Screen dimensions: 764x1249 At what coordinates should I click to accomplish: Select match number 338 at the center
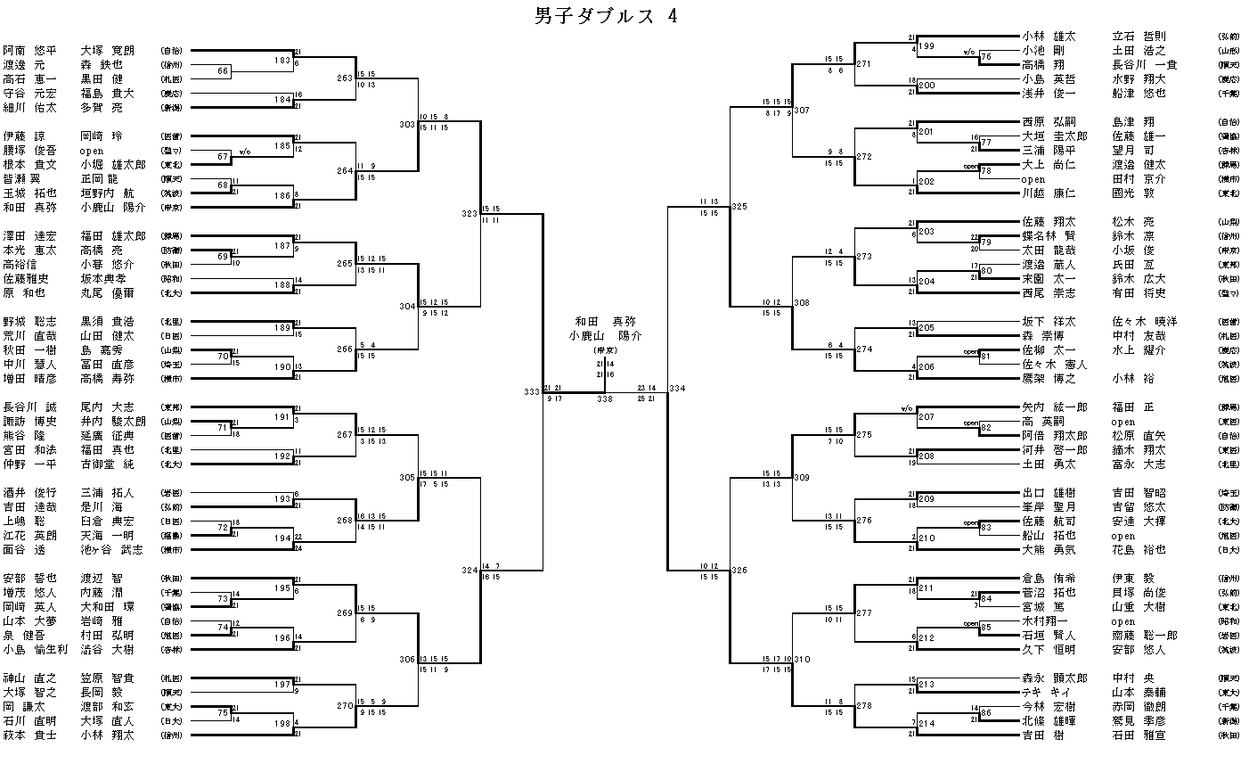605,400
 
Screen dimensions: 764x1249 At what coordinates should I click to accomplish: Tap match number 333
532,390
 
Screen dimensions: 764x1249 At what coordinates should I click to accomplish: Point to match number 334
677,389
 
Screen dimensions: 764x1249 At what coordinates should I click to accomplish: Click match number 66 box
224,71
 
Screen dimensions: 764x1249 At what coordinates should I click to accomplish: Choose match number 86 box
986,714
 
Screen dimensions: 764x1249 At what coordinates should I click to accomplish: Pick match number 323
469,214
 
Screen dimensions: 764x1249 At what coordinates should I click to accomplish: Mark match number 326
739,570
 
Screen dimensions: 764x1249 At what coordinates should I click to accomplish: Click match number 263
345,78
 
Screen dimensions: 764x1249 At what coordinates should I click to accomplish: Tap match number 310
802,660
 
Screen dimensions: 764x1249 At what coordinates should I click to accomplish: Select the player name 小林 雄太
1049,37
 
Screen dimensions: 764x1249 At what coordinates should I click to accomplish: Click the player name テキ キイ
1044,693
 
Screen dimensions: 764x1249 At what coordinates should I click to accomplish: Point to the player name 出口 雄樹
1049,493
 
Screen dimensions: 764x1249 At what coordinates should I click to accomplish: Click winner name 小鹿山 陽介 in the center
605,336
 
